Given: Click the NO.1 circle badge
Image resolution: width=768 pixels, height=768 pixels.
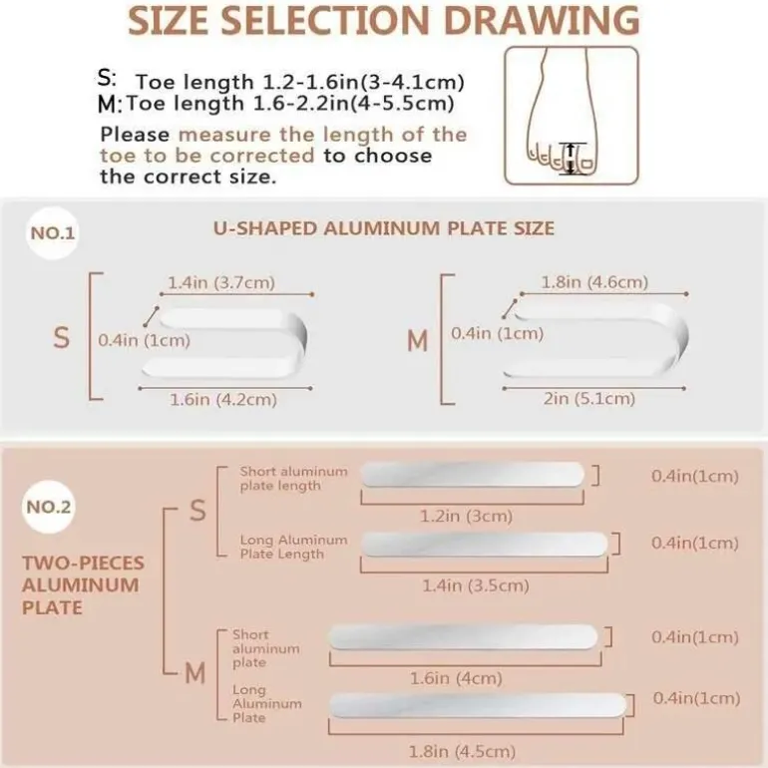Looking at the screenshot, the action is coord(53,233).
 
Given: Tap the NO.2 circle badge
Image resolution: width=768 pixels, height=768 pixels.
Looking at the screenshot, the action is coord(49,507).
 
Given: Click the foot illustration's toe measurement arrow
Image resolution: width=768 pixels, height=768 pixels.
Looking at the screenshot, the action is coord(571,159).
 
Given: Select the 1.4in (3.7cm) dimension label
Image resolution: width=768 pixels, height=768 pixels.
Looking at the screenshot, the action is coord(221,282).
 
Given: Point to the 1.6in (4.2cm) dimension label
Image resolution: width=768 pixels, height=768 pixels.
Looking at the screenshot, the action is coord(223,400).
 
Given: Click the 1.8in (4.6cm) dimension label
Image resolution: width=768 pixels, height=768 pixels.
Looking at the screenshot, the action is coord(594,282).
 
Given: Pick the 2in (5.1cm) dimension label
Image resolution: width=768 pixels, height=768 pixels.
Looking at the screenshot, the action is coord(589,399).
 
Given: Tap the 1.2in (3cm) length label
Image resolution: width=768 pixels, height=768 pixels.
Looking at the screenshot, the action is coord(467,516).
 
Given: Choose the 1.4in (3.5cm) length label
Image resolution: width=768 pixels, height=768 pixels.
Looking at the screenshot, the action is coord(476,585).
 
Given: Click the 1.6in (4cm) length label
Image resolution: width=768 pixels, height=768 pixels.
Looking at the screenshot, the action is coord(456,678).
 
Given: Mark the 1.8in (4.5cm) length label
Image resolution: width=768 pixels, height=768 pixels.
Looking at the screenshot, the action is coord(462,751).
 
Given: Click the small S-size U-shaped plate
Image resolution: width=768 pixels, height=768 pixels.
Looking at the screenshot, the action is coord(224,343).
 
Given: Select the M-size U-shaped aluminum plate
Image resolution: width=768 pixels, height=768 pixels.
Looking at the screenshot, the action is coord(595,340).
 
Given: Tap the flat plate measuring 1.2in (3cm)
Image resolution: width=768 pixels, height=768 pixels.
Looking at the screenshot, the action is coord(473,474).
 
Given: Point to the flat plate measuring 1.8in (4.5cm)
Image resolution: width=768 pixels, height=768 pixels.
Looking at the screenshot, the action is coord(478,706).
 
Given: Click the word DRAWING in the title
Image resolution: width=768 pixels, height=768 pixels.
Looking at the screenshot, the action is coord(542,21).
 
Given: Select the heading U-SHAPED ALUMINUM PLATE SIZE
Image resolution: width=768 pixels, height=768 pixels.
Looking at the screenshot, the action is coord(384,228).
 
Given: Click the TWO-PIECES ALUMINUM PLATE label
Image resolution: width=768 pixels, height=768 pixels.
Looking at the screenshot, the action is coord(83,585).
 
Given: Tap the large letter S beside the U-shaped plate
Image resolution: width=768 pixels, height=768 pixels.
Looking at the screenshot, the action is coord(61,338).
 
